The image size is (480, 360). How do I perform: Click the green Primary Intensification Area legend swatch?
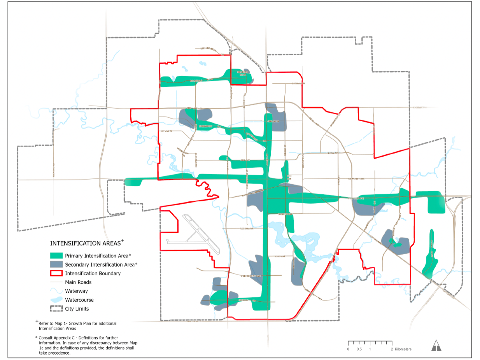point(56,256)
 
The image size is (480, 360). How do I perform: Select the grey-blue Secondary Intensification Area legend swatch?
point(56,264)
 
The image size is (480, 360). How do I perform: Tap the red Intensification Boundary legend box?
point(56,273)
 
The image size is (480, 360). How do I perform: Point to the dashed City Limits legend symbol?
point(56,309)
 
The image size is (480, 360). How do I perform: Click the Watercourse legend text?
point(79,300)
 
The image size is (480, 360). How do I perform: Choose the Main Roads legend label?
point(78,282)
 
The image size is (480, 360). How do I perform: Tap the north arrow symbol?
point(436,345)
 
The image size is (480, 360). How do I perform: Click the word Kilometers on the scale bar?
point(403,349)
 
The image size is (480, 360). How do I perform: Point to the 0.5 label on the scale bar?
point(359,349)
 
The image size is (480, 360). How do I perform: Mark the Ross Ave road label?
point(331,153)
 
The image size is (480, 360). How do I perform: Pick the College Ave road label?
point(284,214)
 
